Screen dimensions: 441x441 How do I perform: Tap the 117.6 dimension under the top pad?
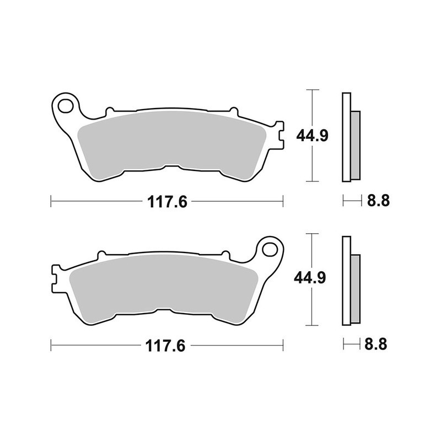[x=168, y=202]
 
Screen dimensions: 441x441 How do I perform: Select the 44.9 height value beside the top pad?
[x=312, y=136]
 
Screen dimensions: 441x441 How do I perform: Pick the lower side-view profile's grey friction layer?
[x=355, y=289]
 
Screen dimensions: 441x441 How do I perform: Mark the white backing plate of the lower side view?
[x=346, y=281]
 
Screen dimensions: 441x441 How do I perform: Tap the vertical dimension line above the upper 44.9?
[x=313, y=107]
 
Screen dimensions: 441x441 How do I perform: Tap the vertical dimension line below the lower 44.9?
[x=313, y=309]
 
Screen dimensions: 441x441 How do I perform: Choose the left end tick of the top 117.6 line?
[x=51, y=202]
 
